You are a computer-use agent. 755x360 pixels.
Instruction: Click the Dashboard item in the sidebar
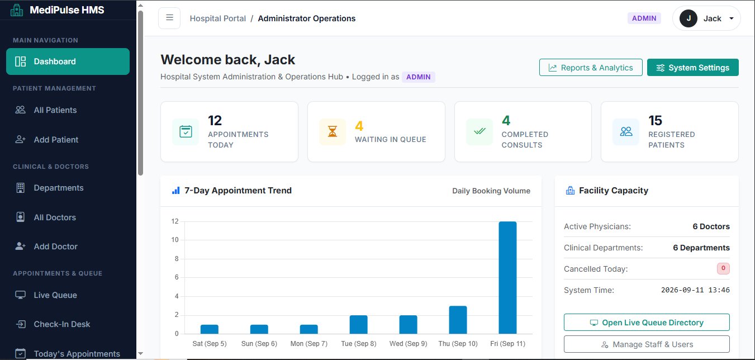click(68, 61)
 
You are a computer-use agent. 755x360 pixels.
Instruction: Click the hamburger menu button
click(169, 18)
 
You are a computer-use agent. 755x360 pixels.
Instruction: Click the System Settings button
click(692, 68)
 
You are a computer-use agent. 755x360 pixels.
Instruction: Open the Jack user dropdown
click(706, 18)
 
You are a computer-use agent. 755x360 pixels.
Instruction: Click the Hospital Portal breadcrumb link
click(218, 18)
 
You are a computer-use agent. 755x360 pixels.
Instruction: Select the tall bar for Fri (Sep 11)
click(507, 277)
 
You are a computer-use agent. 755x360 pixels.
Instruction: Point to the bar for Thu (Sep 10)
click(458, 320)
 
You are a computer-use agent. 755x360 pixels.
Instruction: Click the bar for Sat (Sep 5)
click(210, 329)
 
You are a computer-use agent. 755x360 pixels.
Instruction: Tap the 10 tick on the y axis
click(174, 240)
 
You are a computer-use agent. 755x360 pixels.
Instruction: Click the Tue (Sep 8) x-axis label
click(359, 343)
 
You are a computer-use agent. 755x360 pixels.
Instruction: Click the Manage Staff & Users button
click(647, 344)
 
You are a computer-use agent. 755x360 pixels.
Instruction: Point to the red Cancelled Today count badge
click(723, 268)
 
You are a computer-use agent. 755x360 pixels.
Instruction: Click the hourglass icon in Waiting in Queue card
click(333, 131)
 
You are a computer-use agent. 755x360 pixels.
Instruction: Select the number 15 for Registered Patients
click(655, 120)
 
